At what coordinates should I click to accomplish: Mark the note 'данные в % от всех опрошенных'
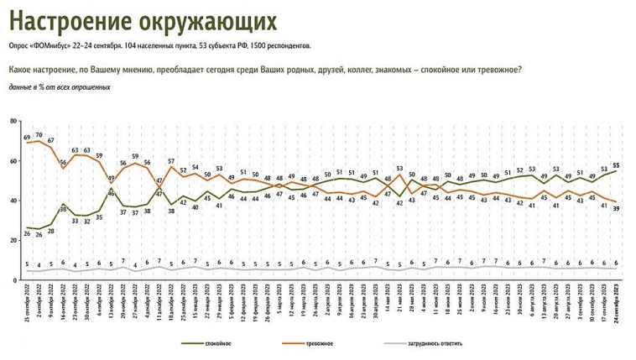pos(60,87)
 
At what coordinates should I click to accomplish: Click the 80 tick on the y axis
pos(13,121)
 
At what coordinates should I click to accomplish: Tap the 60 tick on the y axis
pos(13,160)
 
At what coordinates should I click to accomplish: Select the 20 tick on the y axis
pos(13,241)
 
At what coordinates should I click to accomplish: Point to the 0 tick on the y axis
pos(15,280)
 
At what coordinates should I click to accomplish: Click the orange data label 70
pos(39,133)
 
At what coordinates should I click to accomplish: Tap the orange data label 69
pos(27,136)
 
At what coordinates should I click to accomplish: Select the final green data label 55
pos(617,164)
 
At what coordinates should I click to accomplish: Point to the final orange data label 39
pos(617,209)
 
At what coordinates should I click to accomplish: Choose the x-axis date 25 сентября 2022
pos(28,306)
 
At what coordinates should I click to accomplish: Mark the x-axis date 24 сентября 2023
pos(617,306)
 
